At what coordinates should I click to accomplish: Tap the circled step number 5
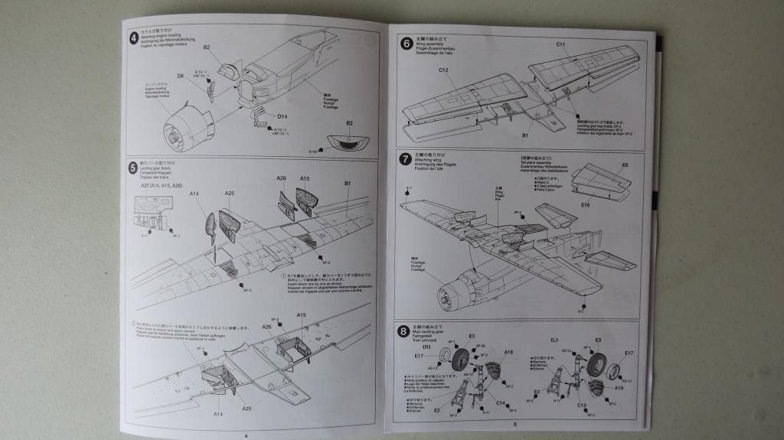tap(134, 166)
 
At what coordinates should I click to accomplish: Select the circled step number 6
tap(407, 44)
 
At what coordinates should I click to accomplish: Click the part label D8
tap(181, 76)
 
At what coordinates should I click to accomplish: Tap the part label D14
tap(282, 116)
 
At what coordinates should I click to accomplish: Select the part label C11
tap(560, 45)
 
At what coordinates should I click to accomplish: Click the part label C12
tap(443, 70)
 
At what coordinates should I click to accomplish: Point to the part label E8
tap(625, 165)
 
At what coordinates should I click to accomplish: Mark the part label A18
tap(508, 352)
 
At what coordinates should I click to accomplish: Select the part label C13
tap(581, 405)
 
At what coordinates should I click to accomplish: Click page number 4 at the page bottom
tap(246, 434)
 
